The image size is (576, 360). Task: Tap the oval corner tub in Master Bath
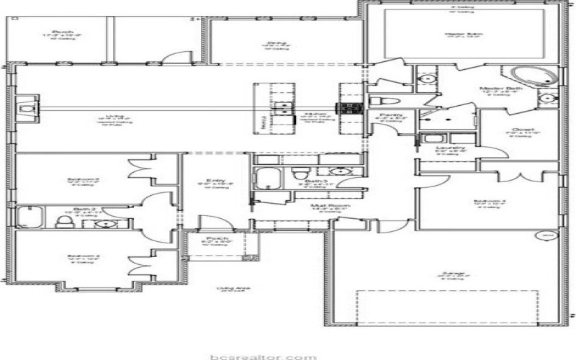click(529, 75)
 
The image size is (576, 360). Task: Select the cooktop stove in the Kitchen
click(351, 108)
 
